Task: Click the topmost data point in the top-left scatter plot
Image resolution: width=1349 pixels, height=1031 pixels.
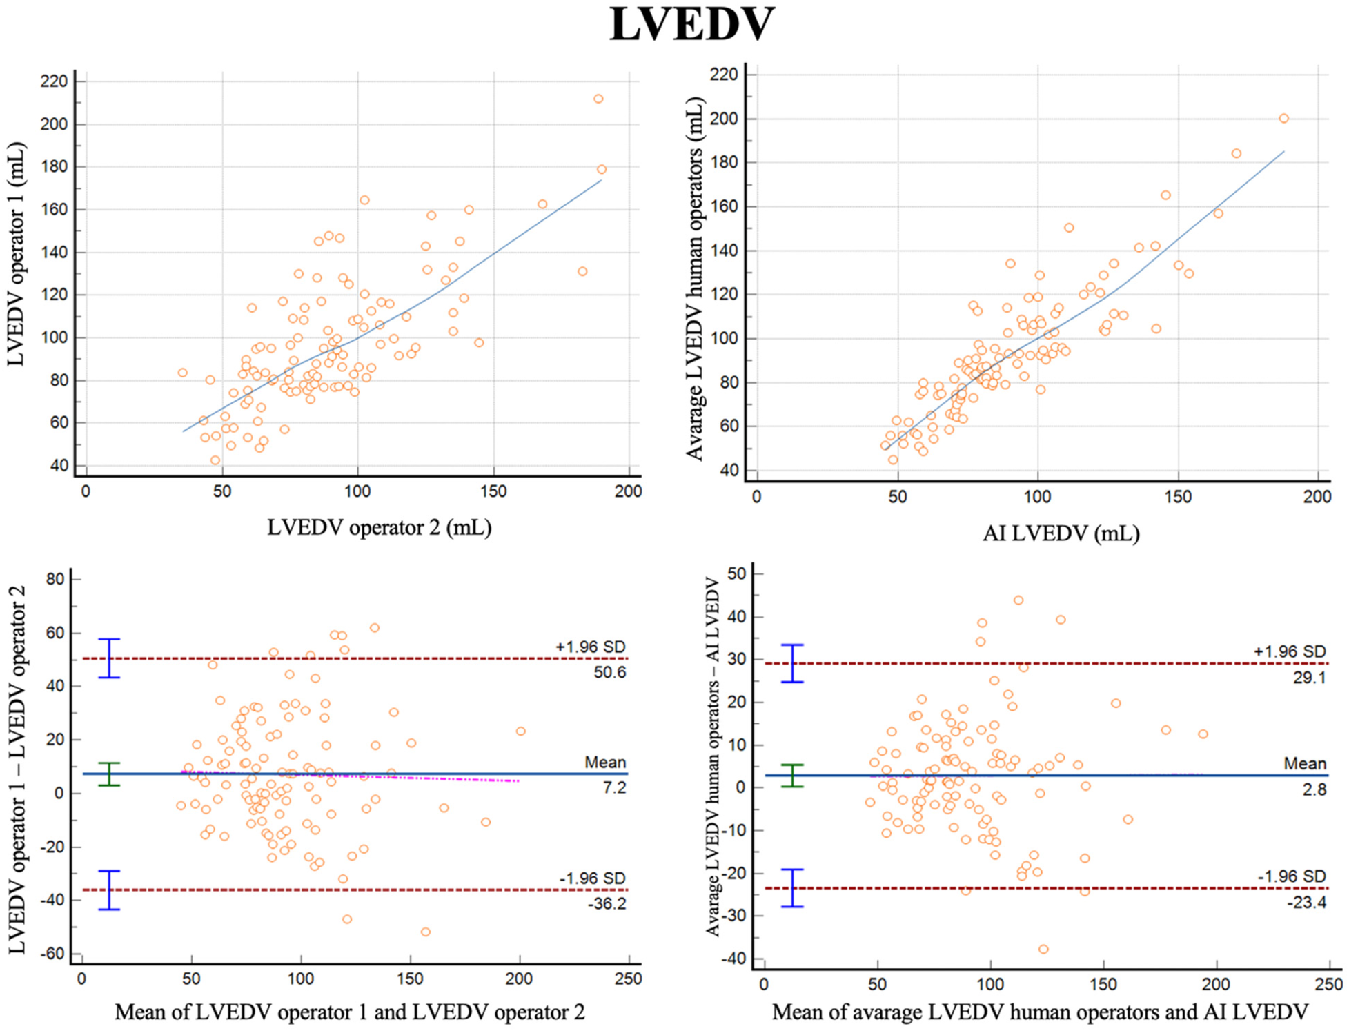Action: click(598, 99)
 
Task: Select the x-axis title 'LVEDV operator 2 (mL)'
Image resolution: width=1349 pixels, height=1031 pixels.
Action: click(380, 528)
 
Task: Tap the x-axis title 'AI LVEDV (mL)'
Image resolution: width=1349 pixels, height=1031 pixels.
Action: click(1061, 533)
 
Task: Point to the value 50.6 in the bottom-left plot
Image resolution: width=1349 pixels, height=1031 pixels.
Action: click(610, 672)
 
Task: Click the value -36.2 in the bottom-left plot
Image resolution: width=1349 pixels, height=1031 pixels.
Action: click(607, 903)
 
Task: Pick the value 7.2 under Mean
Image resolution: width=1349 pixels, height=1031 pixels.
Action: click(614, 787)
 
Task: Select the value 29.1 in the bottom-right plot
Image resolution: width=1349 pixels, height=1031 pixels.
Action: click(1309, 678)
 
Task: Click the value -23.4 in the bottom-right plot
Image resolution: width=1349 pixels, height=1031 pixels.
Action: click(1306, 903)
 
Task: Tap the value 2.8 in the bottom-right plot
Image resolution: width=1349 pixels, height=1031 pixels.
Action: click(1314, 789)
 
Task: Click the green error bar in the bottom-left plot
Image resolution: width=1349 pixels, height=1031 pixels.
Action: click(110, 774)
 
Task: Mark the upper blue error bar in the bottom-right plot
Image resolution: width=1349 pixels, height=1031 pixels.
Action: click(793, 663)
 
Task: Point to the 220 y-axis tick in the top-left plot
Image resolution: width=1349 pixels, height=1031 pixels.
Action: click(55, 81)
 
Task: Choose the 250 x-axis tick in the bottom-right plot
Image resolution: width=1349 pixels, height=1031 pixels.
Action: click(1328, 985)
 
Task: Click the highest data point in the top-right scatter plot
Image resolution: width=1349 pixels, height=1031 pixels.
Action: click(1283, 119)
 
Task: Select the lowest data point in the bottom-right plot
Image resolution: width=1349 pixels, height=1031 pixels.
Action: click(1043, 950)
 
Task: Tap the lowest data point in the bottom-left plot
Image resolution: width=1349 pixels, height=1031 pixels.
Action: click(426, 932)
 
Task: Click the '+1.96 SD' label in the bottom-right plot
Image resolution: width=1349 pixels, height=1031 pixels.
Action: click(1290, 651)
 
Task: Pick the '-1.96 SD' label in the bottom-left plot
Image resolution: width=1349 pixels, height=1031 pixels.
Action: click(592, 878)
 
